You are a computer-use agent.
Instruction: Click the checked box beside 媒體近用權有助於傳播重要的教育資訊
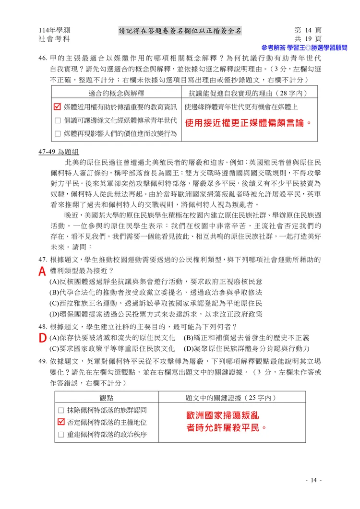pyautogui.click(x=58, y=106)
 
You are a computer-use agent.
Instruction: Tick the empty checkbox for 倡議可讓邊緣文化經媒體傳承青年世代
pyautogui.click(x=58, y=120)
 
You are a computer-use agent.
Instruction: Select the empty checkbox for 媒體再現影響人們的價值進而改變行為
pyautogui.click(x=58, y=133)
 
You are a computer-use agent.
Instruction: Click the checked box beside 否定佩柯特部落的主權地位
pyautogui.click(x=60, y=422)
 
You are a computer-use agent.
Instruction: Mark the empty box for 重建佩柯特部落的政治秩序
pyautogui.click(x=60, y=435)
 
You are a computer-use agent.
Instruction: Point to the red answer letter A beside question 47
pyautogui.click(x=43, y=272)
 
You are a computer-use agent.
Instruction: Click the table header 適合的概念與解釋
pyautogui.click(x=117, y=93)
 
